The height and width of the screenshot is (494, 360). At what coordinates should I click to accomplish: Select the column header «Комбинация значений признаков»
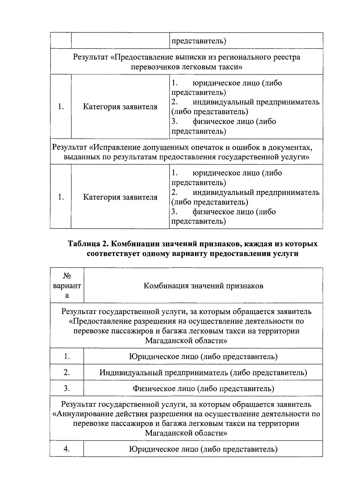(203, 286)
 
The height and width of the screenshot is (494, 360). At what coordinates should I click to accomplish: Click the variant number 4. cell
(67, 449)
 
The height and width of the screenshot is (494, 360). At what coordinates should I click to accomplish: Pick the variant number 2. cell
(67, 373)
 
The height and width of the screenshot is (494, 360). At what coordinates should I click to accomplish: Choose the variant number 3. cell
(67, 389)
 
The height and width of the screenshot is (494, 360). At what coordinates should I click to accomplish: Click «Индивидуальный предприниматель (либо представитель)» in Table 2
(203, 373)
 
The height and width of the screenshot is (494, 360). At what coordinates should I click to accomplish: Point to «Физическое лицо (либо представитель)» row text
(203, 389)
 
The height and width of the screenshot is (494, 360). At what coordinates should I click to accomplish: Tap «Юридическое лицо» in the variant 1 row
(163, 357)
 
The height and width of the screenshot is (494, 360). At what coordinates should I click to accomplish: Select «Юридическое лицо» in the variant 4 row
(163, 449)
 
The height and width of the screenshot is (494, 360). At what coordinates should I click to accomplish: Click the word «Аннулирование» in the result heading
(79, 414)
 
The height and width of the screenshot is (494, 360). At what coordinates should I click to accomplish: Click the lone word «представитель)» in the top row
(199, 41)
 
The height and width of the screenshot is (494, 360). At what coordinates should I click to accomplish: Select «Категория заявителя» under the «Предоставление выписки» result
(120, 107)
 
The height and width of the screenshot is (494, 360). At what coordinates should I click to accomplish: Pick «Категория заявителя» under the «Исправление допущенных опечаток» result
(120, 197)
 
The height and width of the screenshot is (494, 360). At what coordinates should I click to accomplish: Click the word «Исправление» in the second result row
(114, 147)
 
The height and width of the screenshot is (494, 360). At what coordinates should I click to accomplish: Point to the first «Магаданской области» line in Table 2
(186, 341)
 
